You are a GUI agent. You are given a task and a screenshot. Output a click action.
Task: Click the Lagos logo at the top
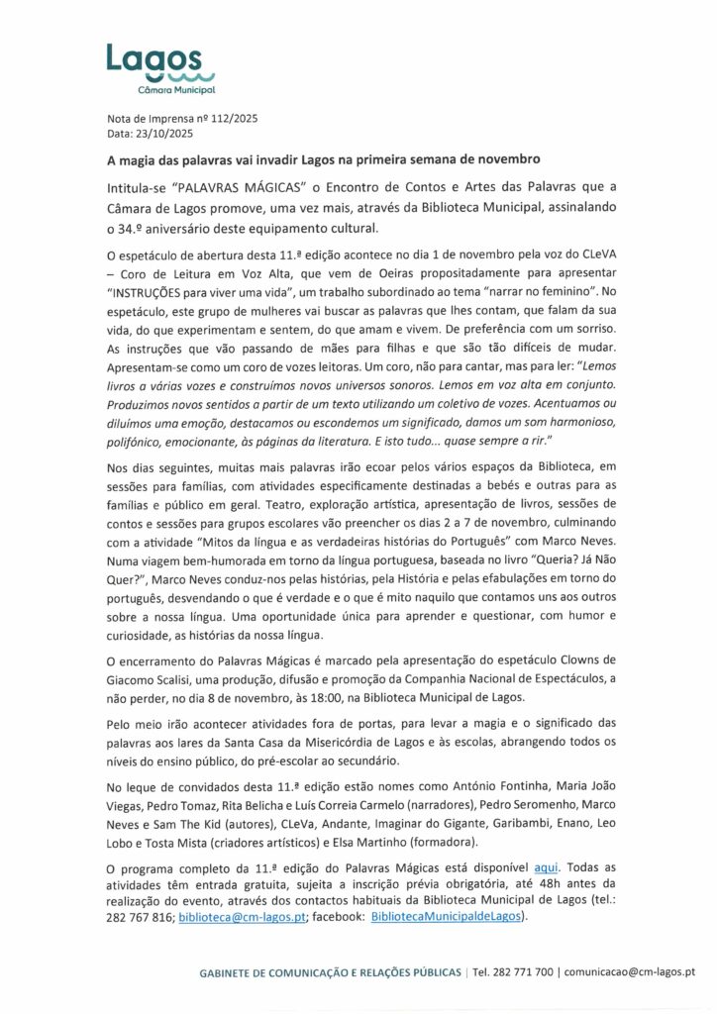pos(159,69)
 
